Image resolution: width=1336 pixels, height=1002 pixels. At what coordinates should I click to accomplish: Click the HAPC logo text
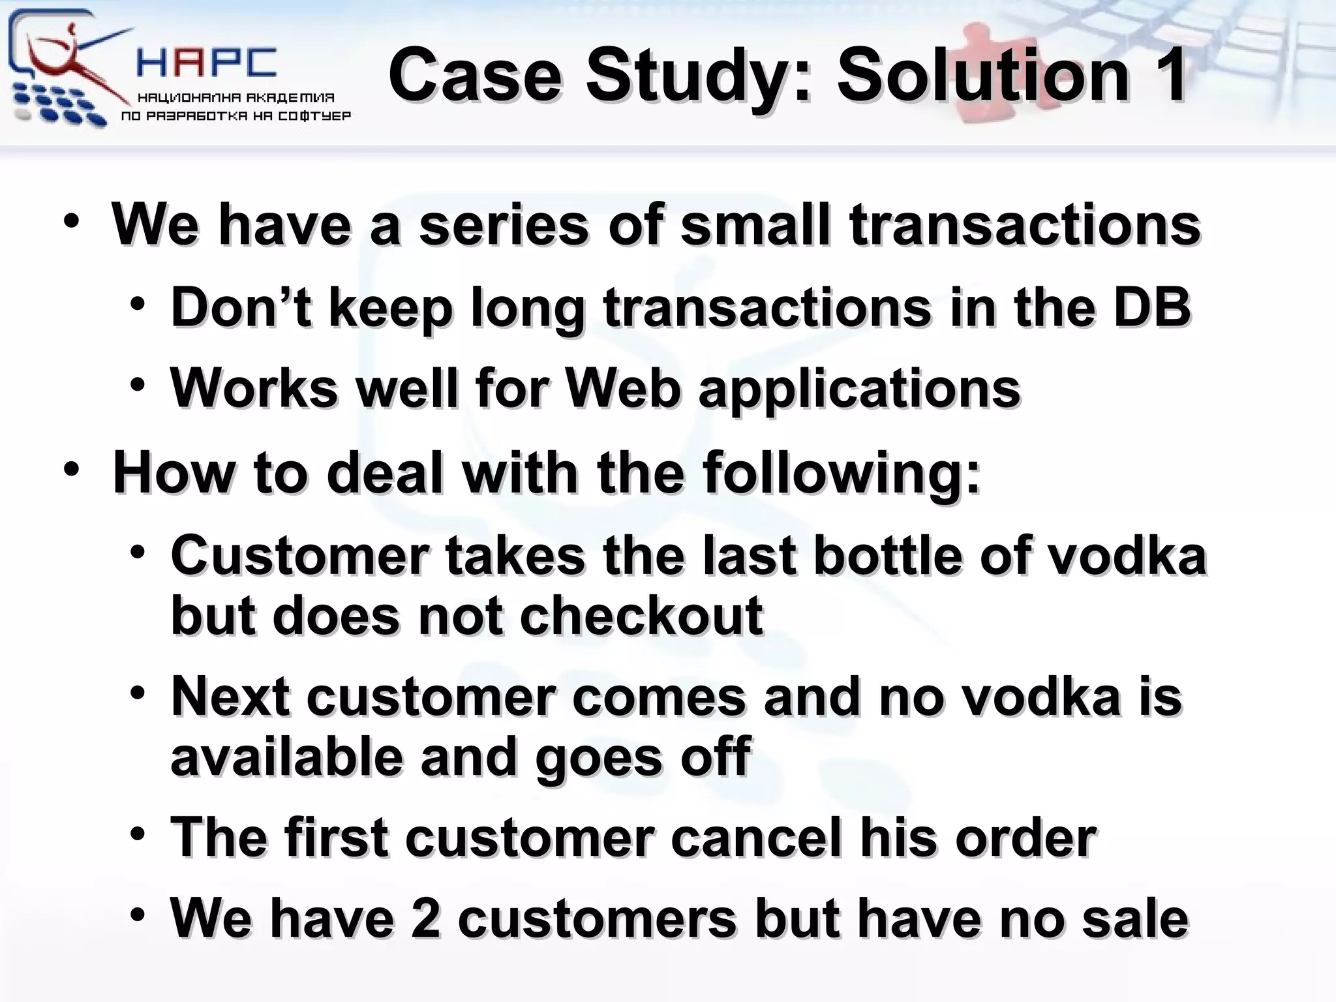pyautogui.click(x=207, y=64)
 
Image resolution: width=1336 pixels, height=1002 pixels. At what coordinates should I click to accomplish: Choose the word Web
pyautogui.click(x=622, y=388)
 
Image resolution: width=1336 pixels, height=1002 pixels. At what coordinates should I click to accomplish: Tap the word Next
pyautogui.click(x=230, y=697)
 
